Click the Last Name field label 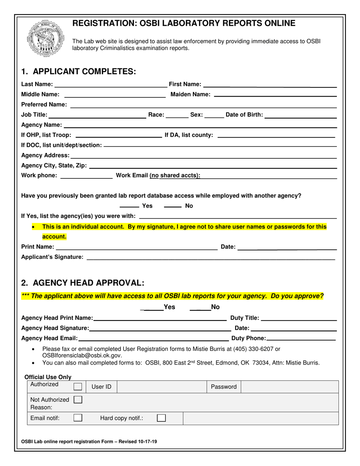click(x=37, y=84)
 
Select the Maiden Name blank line click(x=275, y=95)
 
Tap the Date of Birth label click(x=244, y=115)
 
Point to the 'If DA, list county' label click(x=188, y=135)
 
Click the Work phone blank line click(x=86, y=177)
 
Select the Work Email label click(x=158, y=175)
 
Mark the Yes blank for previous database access click(x=129, y=206)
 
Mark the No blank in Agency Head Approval click(x=200, y=309)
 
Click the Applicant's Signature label click(x=52, y=257)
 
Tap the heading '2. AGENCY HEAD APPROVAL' click(x=83, y=283)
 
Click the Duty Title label click(x=245, y=318)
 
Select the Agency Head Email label click(x=49, y=338)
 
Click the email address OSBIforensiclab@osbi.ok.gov click(x=82, y=355)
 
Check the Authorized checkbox click(x=78, y=386)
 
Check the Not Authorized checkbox click(x=78, y=399)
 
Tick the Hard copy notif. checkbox click(x=161, y=418)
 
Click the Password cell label click(x=224, y=387)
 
